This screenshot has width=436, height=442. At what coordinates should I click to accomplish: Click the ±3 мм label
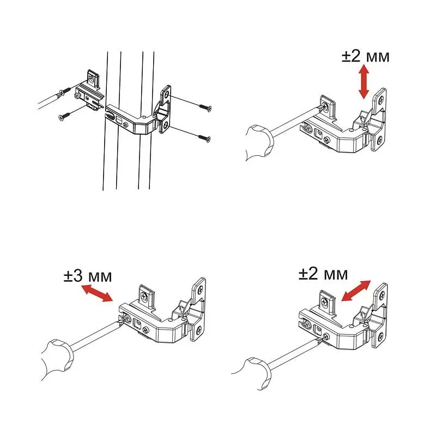[88, 276]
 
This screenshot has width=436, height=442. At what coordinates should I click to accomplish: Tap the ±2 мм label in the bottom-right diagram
[323, 274]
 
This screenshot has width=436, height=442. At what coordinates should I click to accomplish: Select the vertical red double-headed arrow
[364, 81]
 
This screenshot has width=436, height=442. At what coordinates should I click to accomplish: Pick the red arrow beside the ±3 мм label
[96, 293]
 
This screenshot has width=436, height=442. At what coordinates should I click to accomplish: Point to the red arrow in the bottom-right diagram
[356, 291]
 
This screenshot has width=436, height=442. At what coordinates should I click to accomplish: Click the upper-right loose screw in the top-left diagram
[205, 107]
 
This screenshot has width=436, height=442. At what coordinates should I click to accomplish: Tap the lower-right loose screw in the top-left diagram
[204, 138]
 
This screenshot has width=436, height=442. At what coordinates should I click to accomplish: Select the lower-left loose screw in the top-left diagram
[64, 116]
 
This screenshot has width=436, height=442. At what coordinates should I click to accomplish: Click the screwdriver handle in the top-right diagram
[259, 142]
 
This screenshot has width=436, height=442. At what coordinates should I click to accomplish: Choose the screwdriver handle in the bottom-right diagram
[257, 373]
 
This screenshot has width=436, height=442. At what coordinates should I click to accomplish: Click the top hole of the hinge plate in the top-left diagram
[167, 93]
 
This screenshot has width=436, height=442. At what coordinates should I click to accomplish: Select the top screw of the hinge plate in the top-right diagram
[381, 100]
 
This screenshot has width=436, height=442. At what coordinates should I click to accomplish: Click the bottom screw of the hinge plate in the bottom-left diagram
[199, 329]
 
